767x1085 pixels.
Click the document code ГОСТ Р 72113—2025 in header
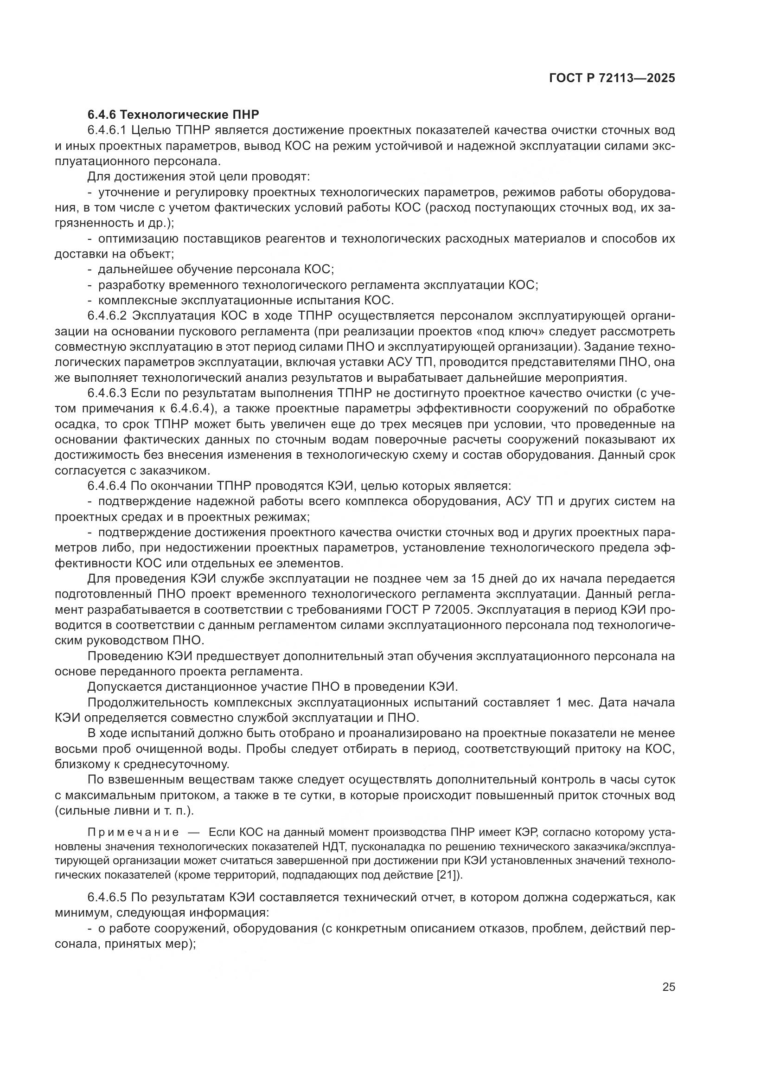coord(612,78)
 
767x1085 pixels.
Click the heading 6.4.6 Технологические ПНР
coord(173,115)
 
